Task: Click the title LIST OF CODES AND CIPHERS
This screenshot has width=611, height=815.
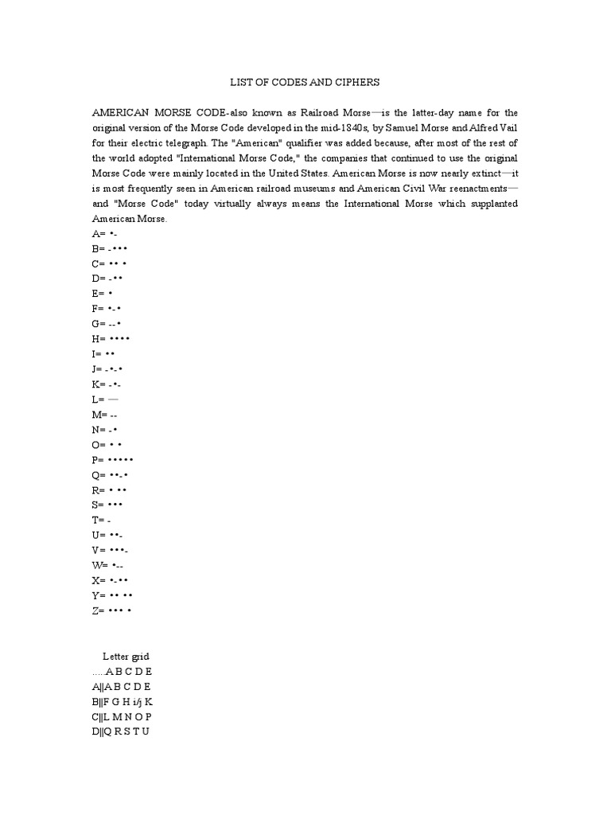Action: click(305, 83)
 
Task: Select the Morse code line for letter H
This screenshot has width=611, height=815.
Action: click(111, 339)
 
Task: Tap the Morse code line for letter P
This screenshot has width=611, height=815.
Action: click(112, 460)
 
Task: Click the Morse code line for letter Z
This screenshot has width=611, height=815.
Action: click(111, 610)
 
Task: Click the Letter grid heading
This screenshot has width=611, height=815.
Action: click(126, 657)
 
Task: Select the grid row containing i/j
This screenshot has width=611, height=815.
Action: click(123, 702)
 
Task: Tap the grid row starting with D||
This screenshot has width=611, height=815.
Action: click(120, 731)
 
